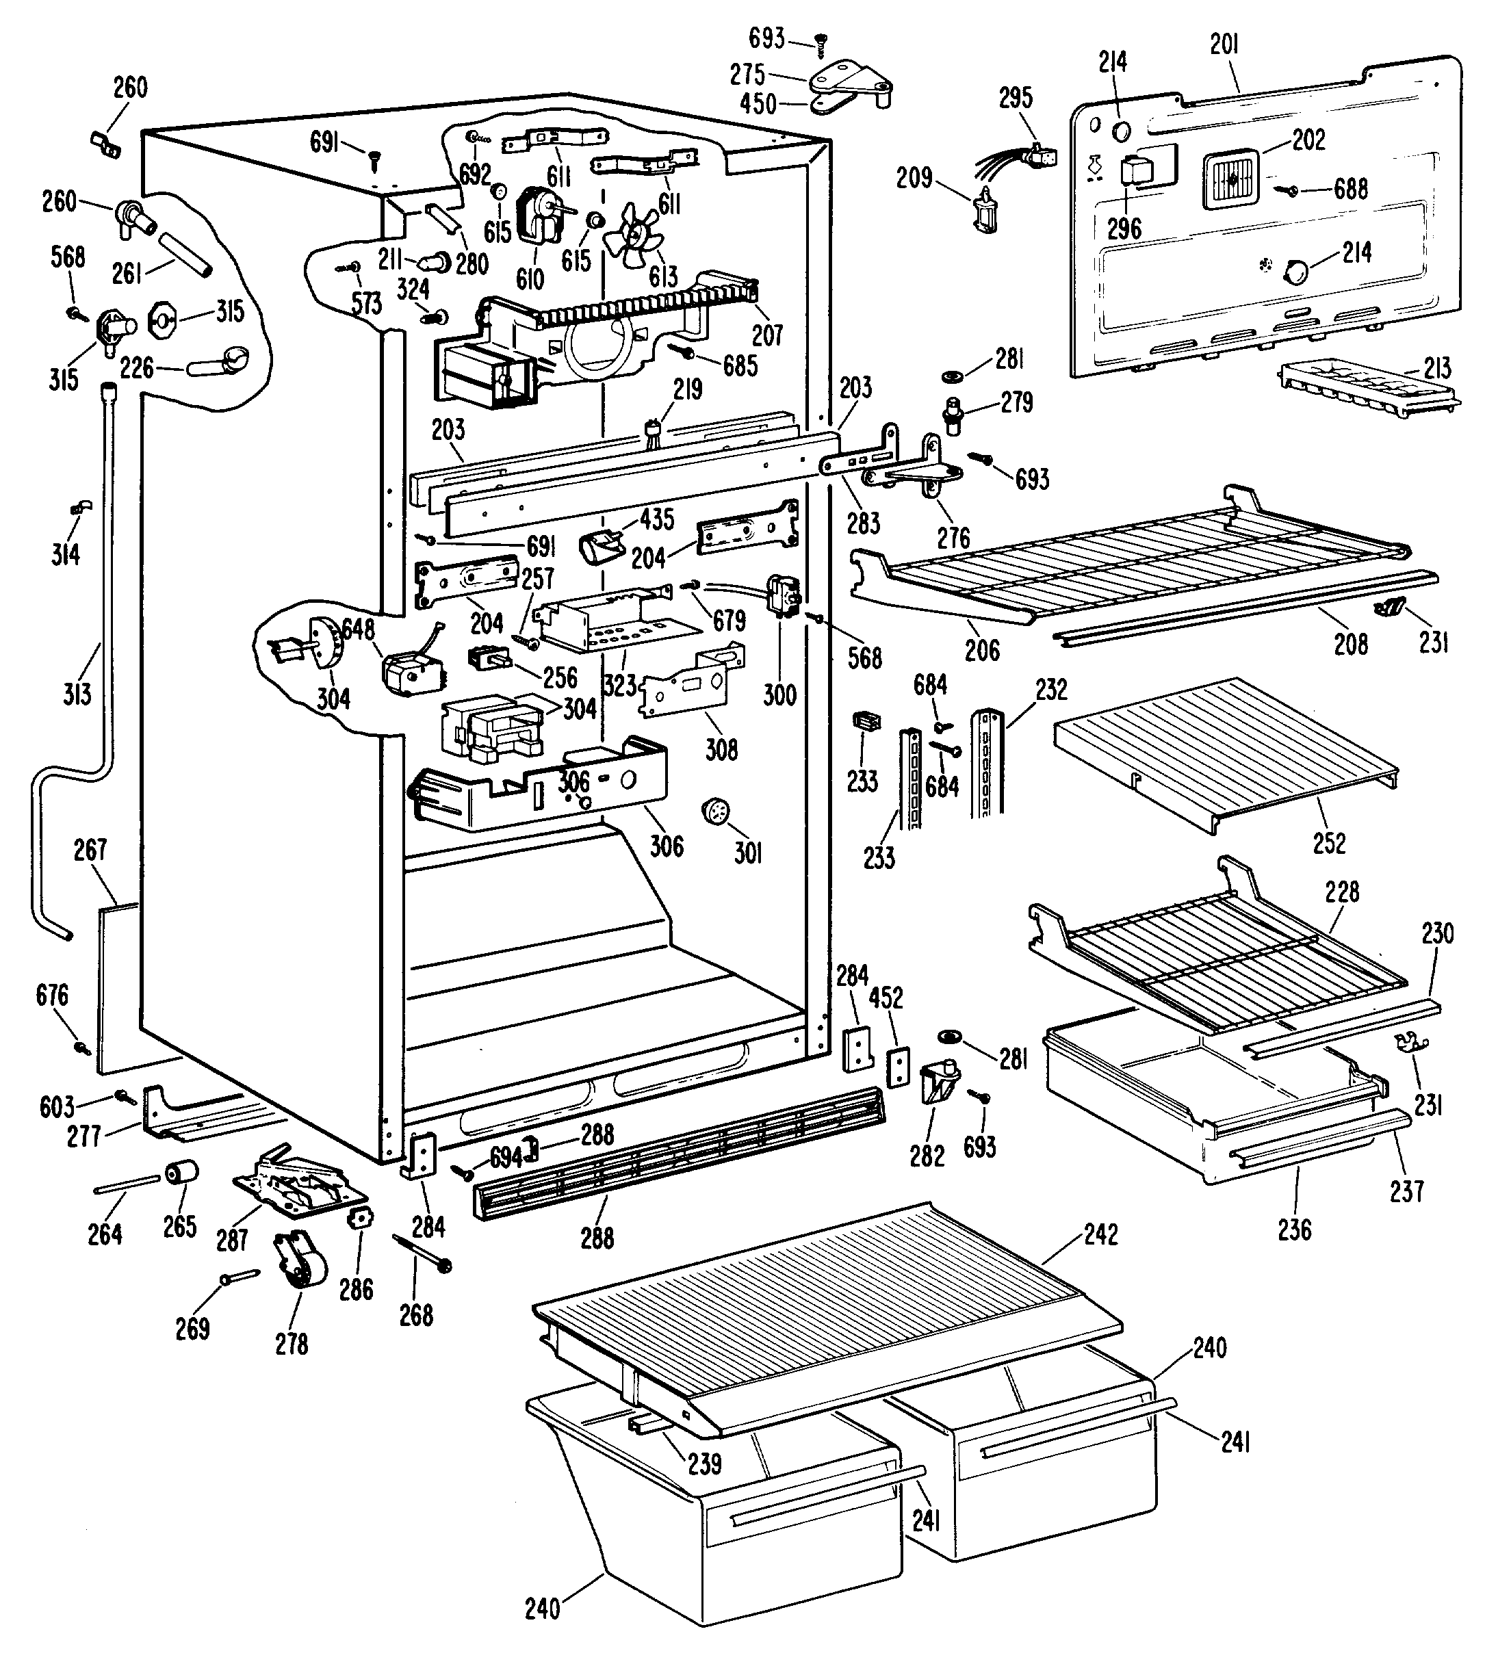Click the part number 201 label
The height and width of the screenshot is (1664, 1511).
point(1224,44)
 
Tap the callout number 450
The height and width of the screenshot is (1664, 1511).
point(758,104)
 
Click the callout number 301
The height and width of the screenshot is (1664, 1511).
point(748,853)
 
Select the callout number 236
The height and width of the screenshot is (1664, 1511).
point(1295,1230)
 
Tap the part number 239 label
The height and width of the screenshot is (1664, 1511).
point(704,1464)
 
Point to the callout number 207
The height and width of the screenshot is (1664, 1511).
point(767,335)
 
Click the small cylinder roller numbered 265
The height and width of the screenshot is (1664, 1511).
point(183,1172)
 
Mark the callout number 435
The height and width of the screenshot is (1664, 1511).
point(656,519)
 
